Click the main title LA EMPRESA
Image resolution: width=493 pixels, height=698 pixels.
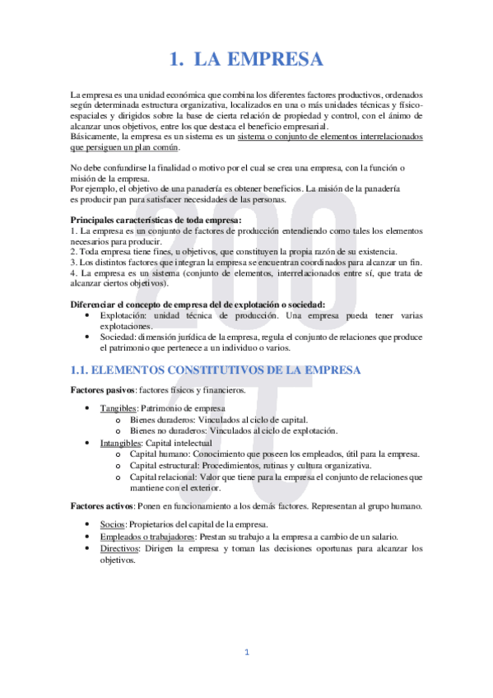pos(246,58)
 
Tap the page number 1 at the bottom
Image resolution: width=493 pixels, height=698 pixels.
pos(246,653)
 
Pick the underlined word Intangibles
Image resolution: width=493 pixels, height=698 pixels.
pos(122,443)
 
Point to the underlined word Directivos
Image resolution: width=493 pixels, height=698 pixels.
pos(119,547)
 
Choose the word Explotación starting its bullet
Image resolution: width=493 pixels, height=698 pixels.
pos(123,315)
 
